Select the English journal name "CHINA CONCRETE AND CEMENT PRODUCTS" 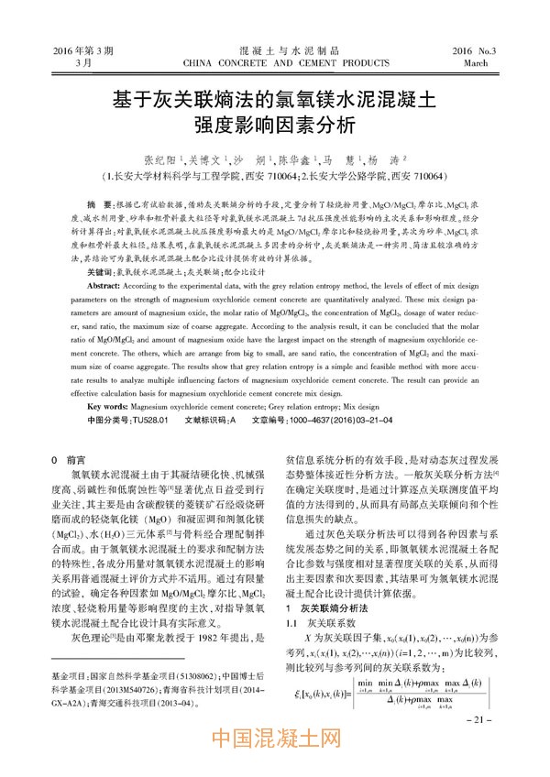click(x=275, y=64)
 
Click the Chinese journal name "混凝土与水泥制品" click(x=275, y=50)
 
